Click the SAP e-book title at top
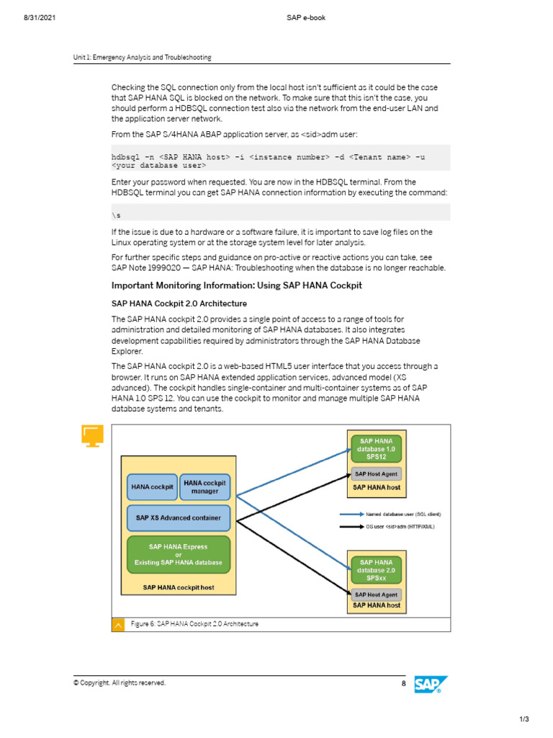(x=306, y=17)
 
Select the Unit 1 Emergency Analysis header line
(x=142, y=58)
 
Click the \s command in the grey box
(x=115, y=215)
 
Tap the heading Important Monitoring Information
(x=236, y=286)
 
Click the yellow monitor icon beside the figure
(x=92, y=436)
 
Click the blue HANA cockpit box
(x=152, y=487)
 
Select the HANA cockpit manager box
(x=204, y=487)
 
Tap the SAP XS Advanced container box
(x=179, y=517)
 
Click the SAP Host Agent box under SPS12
(x=376, y=474)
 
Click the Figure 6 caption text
(x=194, y=624)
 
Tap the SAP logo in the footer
(x=431, y=685)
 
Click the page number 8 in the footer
(x=403, y=683)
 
